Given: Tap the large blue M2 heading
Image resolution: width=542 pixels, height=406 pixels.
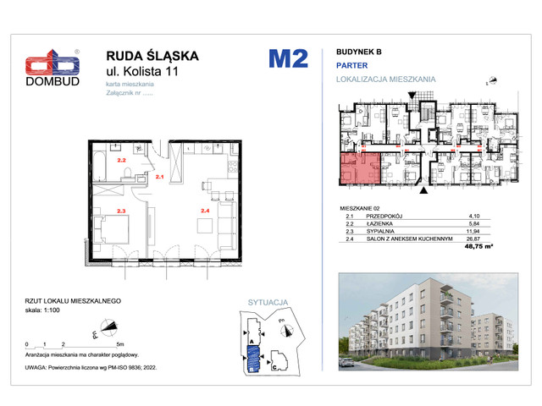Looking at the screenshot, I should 288,59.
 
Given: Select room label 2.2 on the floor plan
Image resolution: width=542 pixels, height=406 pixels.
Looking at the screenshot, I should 121,160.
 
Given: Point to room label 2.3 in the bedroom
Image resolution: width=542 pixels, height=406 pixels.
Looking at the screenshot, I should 121,211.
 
